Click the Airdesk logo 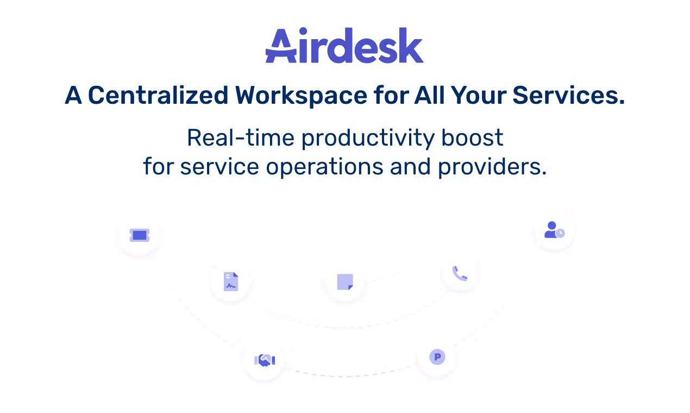[344, 46]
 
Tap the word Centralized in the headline [158, 96]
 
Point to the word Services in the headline [568, 96]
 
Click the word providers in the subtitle [492, 167]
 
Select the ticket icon [140, 235]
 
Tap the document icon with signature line [231, 281]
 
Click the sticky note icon [345, 282]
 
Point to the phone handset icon [460, 273]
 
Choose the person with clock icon [554, 230]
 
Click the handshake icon [265, 360]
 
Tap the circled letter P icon [437, 357]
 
